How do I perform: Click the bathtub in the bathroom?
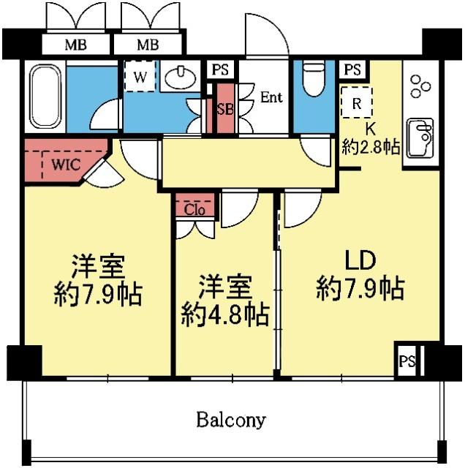coord(45,97)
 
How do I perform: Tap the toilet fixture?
coord(314,78)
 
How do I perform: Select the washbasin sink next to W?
coord(181,77)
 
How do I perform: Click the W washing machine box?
coord(140,76)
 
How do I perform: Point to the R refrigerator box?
coord(357,102)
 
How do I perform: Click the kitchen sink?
coord(420,137)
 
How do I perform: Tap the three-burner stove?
coord(420,86)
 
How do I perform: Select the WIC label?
coord(66,165)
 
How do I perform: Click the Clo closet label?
coord(194,210)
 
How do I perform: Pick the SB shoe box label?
coord(225,109)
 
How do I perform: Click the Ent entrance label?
coord(271,97)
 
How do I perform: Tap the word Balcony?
coord(231,420)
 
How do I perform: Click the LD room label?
coord(360,260)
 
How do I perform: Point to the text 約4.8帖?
coord(226,315)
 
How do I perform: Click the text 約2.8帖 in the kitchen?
coord(371,147)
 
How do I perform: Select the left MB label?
coord(76,45)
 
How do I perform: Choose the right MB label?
coord(148,45)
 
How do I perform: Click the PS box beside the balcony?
coord(407,361)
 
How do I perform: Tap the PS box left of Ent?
coord(220,69)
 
